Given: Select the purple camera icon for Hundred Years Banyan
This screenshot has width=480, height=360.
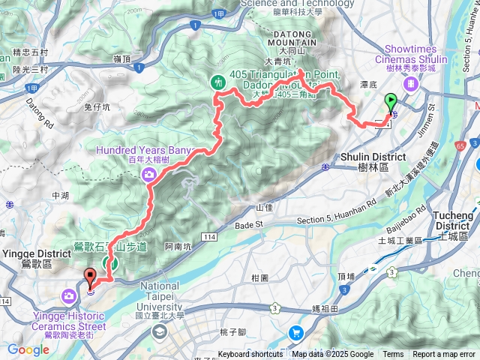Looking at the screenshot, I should click(149, 175).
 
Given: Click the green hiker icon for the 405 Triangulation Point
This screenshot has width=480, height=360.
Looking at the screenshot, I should click(217, 82).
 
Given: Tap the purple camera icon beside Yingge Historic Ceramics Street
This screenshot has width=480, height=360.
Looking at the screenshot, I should click(68, 297).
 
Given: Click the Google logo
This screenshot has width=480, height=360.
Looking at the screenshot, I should click(28, 349).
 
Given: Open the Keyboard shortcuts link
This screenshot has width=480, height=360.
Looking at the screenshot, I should click(251, 355).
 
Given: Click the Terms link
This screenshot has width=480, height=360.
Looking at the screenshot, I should click(393, 355).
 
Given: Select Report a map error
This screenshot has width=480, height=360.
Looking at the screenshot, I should click(445, 355).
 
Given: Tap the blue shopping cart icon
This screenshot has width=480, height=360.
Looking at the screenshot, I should click(297, 332).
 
